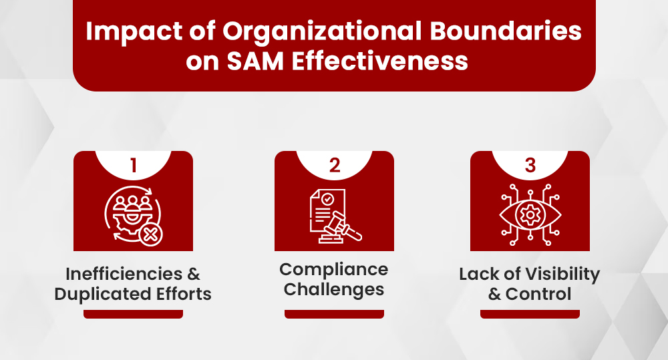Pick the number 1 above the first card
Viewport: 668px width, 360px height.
[133, 166]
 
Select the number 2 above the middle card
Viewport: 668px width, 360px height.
[334, 166]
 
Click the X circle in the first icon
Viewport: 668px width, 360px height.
[152, 233]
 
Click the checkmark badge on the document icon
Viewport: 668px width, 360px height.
[328, 200]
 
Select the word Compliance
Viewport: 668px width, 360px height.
[334, 270]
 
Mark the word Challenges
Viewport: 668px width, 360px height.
[334, 289]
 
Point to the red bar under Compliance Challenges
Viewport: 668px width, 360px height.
[334, 314]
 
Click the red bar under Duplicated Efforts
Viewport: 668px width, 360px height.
[133, 314]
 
